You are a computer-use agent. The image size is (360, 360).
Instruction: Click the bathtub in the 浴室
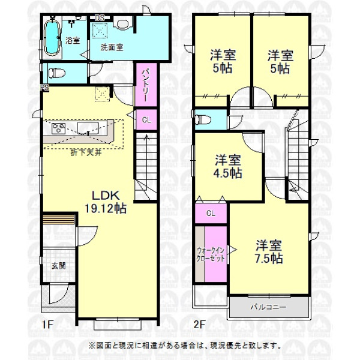(x=52, y=38)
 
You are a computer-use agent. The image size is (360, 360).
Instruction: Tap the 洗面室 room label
(x=112, y=47)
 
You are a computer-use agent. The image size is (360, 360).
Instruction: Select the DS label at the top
(x=100, y=17)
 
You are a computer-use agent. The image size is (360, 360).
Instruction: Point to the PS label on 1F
(x=45, y=88)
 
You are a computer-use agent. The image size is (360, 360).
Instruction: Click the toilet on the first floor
(x=56, y=73)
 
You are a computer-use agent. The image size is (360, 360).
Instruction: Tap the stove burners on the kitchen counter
(x=58, y=128)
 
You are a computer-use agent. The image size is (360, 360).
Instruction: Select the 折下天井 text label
(x=86, y=152)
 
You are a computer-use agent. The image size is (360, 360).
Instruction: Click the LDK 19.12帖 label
(x=106, y=202)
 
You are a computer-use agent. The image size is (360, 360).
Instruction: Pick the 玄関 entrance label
(x=58, y=266)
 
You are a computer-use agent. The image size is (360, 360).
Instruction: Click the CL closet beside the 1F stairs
(x=146, y=119)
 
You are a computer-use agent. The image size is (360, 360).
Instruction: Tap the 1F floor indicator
(x=47, y=325)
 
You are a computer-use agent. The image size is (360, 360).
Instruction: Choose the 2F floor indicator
(x=199, y=325)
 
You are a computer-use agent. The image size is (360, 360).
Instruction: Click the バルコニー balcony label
(x=268, y=307)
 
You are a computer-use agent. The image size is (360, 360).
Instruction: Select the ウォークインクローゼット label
(x=211, y=254)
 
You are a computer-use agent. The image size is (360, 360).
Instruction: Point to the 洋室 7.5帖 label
(x=269, y=252)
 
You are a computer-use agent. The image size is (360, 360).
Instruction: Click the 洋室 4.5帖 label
(x=228, y=166)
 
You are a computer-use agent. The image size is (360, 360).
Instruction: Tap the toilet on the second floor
(x=203, y=119)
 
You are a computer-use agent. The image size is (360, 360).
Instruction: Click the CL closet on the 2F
(x=211, y=214)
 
